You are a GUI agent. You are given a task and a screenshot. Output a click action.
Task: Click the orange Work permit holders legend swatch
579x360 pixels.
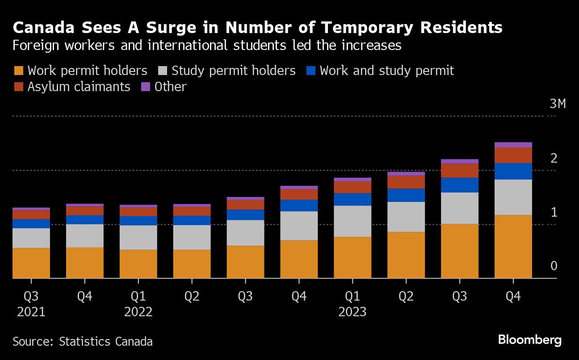[19, 71]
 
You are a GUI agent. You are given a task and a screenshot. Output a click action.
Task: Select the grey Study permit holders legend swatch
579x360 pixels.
[163, 71]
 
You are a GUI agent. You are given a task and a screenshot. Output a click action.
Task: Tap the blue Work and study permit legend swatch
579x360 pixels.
[311, 71]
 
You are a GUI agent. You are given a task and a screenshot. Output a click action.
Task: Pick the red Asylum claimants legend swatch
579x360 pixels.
[19, 87]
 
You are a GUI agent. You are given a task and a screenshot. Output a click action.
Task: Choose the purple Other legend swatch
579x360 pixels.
[146, 87]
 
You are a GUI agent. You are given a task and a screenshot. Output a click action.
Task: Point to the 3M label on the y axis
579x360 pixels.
[557, 104]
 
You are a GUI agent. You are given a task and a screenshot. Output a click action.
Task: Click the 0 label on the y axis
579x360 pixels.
[554, 266]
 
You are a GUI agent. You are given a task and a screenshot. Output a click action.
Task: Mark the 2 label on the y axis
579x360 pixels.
[554, 158]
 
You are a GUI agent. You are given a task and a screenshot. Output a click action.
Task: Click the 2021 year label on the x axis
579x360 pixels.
[31, 311]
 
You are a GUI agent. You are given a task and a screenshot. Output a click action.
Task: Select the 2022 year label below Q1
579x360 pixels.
[138, 311]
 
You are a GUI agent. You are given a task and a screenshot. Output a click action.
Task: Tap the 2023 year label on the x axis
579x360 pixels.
[352, 311]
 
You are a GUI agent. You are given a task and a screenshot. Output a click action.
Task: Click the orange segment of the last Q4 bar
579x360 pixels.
[513, 247]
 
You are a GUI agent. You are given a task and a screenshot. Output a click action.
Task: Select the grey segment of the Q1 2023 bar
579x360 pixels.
[352, 221]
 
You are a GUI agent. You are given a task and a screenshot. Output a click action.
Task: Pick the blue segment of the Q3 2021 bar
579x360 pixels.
[31, 223]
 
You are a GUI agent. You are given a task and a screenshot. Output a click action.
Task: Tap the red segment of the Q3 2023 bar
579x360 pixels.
[459, 171]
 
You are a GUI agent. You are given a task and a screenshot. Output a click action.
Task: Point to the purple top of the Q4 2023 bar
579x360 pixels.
[513, 145]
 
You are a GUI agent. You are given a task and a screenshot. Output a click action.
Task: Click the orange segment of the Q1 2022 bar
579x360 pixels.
[138, 264]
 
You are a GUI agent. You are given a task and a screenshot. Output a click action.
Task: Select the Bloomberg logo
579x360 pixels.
[529, 340]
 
